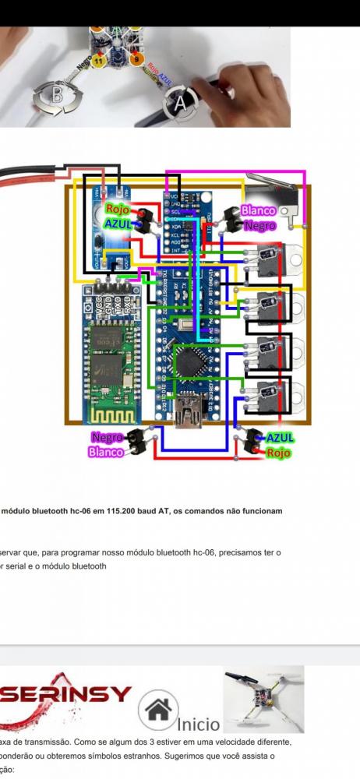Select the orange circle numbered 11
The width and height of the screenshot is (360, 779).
click(x=99, y=59)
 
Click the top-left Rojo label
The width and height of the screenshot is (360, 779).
click(x=117, y=210)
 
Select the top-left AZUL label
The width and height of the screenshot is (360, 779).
click(x=118, y=224)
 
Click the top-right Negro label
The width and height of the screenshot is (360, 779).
click(x=259, y=225)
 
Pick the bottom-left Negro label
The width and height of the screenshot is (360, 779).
click(x=107, y=437)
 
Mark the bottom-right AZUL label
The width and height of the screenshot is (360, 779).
click(x=279, y=438)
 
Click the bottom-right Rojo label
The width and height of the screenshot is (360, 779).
click(x=278, y=452)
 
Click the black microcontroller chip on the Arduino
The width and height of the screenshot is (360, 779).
click(x=192, y=361)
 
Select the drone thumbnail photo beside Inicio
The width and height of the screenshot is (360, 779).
click(x=263, y=699)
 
